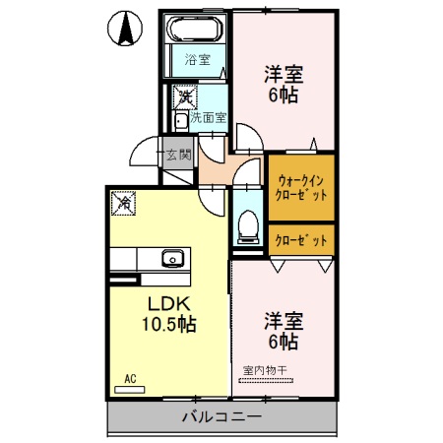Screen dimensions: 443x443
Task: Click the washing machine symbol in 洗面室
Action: (x=183, y=97)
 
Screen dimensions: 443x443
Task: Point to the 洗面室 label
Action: (x=209, y=117)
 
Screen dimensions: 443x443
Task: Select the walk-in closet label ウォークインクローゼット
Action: (x=302, y=187)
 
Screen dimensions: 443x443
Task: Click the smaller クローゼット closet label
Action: (x=302, y=240)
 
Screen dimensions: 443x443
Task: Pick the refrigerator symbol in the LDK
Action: (x=124, y=203)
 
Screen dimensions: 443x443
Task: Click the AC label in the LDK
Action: (x=129, y=378)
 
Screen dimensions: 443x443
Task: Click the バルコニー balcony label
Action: (x=221, y=417)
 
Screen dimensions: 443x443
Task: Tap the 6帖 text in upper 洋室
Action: (x=282, y=95)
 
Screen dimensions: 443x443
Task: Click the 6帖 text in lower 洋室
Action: (x=282, y=342)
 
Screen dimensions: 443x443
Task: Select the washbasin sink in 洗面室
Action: (x=181, y=121)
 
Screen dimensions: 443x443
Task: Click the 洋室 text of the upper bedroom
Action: (x=282, y=74)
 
